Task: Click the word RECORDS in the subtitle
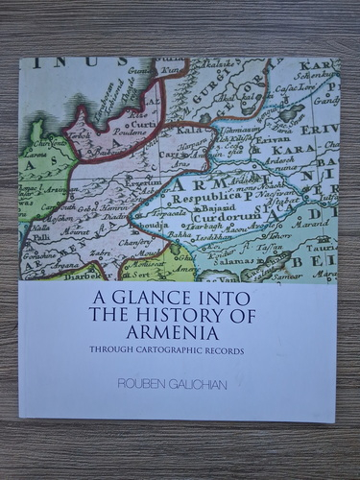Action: [228, 349]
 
